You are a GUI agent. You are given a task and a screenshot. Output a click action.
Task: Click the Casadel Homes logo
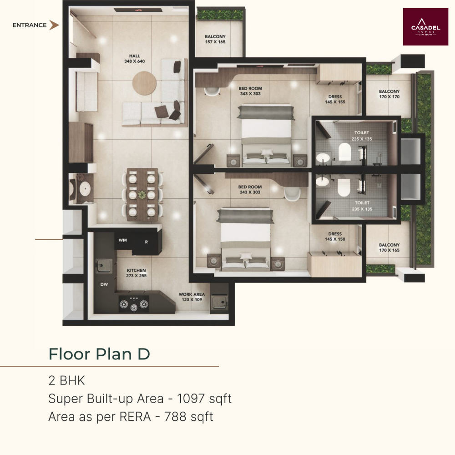[425, 27]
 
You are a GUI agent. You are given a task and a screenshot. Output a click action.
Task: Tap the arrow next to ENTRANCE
[54, 25]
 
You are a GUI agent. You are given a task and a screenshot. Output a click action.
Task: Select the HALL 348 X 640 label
[134, 59]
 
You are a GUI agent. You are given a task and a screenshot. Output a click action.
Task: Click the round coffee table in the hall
[144, 83]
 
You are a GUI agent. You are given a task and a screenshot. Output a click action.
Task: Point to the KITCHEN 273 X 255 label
[136, 273]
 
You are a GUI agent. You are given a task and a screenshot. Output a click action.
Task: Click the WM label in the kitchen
[122, 240]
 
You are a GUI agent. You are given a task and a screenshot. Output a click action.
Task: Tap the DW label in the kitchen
[104, 285]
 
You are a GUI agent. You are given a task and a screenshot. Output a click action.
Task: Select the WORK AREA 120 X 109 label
[192, 297]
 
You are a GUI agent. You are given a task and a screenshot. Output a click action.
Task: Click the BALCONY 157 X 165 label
[215, 39]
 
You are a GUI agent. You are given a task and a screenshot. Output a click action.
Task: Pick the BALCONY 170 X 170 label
[389, 94]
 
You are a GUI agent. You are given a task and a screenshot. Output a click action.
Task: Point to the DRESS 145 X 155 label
[335, 99]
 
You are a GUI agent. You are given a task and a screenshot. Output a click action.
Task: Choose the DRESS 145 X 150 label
[335, 237]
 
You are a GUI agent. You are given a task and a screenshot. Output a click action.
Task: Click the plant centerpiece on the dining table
[142, 195]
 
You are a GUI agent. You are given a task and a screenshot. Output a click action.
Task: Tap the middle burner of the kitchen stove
[134, 307]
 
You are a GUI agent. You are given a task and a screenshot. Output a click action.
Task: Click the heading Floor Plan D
[99, 354]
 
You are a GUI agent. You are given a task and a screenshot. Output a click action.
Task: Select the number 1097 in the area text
[191, 399]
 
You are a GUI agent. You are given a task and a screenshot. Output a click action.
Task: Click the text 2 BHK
[67, 380]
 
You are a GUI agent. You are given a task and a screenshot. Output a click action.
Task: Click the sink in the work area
[219, 302]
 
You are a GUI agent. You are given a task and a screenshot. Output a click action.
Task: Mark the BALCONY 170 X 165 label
[389, 248]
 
